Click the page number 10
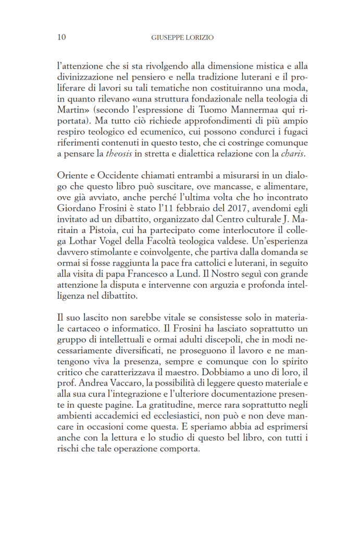(x=61, y=37)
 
